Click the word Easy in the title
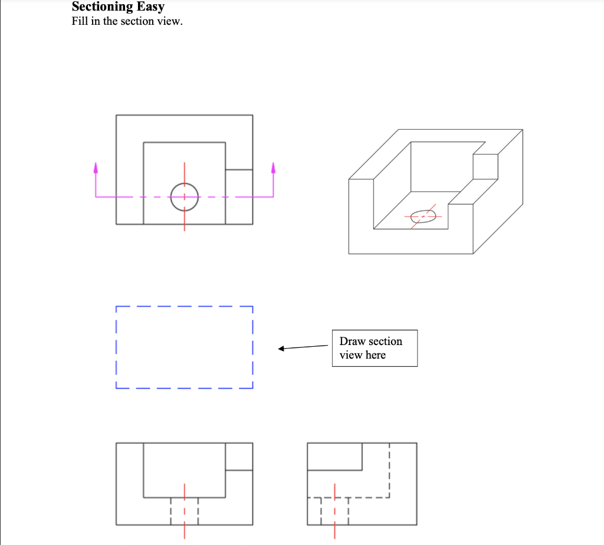tap(150, 8)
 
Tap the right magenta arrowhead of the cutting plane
tap(273, 168)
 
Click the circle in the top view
tap(184, 196)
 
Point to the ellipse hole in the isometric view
tap(423, 216)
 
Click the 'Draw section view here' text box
tap(375, 348)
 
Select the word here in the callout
tap(375, 355)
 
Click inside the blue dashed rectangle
tap(184, 347)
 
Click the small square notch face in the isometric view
tap(485, 167)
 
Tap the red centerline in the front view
tap(184, 511)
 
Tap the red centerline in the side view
tap(334, 511)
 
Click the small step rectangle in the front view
tap(239, 456)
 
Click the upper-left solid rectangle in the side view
tap(335, 456)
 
